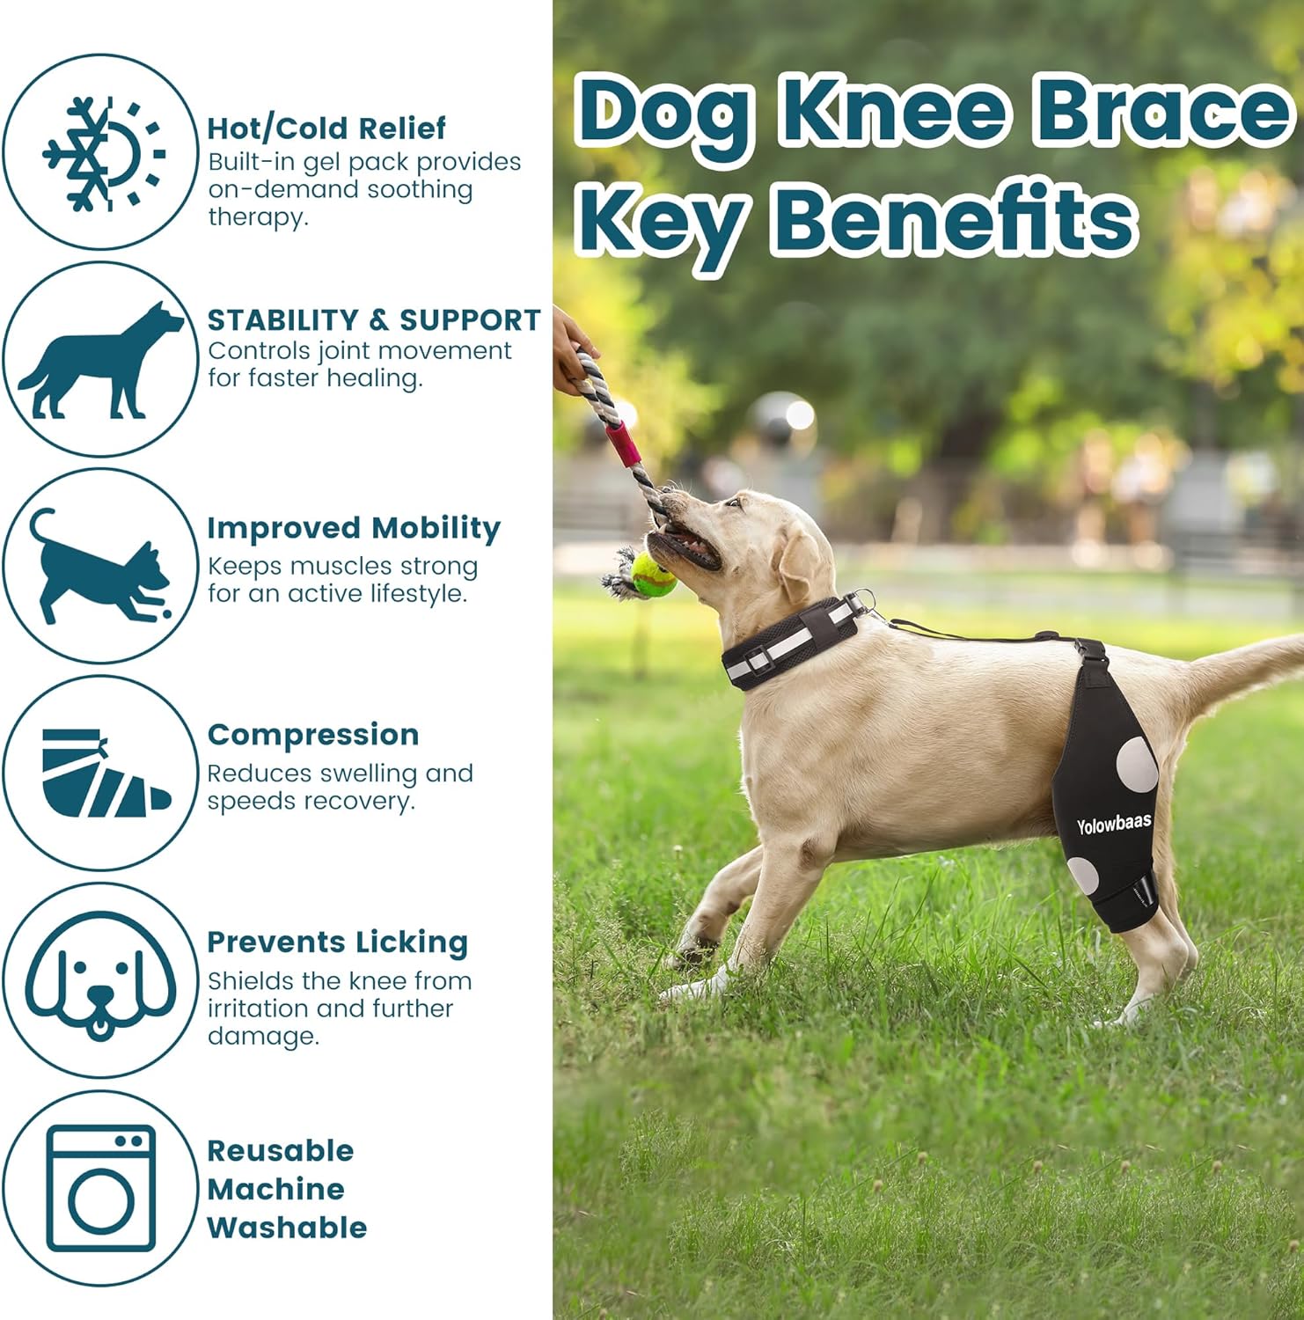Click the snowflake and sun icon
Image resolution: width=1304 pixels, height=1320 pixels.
coord(104,154)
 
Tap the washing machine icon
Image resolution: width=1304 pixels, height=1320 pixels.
coord(101,1189)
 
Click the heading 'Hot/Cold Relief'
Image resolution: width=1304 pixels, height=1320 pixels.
coord(326,128)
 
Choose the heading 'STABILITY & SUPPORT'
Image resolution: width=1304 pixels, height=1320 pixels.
coord(374,319)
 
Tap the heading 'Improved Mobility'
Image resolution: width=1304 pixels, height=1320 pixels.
coord(354,528)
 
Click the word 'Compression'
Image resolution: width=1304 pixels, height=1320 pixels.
coord(313,735)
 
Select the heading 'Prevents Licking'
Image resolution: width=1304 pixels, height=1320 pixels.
coord(337,942)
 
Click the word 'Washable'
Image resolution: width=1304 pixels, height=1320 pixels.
coord(287,1228)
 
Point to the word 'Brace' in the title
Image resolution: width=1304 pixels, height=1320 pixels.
coord(1161,112)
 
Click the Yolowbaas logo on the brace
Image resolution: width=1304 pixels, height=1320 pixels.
coord(1114,825)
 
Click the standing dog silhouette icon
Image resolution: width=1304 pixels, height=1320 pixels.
coord(100,360)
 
